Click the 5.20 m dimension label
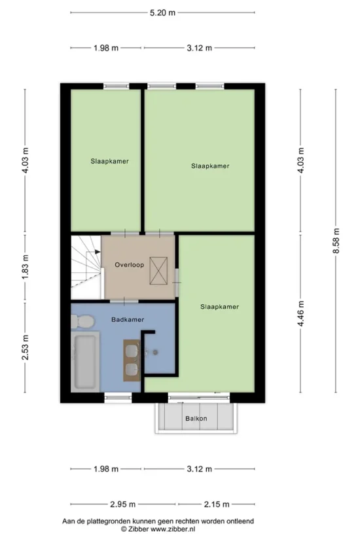click(x=162, y=13)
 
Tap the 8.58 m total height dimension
click(x=336, y=241)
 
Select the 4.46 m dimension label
click(x=301, y=313)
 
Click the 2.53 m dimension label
click(x=25, y=347)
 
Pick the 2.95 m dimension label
click(x=123, y=504)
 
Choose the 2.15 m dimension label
click(x=217, y=504)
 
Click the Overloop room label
click(x=130, y=265)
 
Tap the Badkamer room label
click(x=128, y=319)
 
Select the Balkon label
click(x=196, y=419)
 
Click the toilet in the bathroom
click(x=82, y=322)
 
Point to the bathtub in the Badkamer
click(x=85, y=362)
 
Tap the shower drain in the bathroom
click(x=155, y=352)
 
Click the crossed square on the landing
click(x=158, y=271)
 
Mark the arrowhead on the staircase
click(x=98, y=252)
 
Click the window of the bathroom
click(x=118, y=398)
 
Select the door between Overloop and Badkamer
click(x=124, y=302)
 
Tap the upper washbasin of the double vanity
click(x=132, y=351)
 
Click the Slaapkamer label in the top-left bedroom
click(x=110, y=161)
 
